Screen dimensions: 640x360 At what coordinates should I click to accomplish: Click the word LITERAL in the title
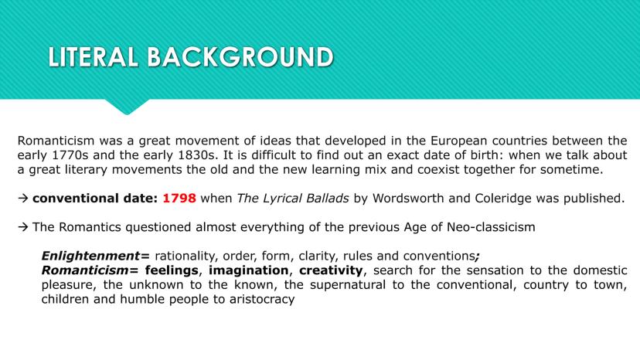(93, 56)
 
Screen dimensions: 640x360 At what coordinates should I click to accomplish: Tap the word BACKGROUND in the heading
(240, 56)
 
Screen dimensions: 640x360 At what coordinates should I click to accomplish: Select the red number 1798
(179, 199)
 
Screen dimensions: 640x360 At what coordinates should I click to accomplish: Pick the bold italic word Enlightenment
(90, 256)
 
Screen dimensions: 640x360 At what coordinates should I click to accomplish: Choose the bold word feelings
(172, 270)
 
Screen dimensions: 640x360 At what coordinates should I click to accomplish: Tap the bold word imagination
(249, 270)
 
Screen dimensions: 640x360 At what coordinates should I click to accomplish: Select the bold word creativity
(331, 270)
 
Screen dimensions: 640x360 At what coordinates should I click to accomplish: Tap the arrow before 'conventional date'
(23, 199)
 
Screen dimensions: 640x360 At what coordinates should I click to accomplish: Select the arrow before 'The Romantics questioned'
(23, 227)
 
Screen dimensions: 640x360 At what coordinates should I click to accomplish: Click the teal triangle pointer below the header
(127, 106)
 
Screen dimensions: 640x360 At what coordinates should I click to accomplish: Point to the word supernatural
(348, 284)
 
